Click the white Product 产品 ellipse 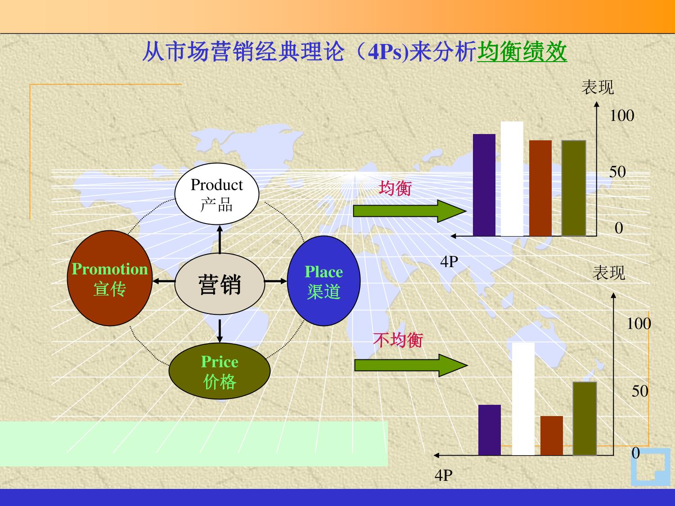pos(217,194)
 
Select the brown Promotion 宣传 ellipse pos(110,278)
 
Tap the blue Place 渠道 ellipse pos(324,281)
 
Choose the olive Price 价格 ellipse pos(220,371)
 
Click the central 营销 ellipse pos(220,284)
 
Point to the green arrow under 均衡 pos(409,211)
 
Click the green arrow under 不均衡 pos(411,365)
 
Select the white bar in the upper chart pos(512,179)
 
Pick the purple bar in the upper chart pos(484,185)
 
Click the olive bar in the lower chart pos(585,418)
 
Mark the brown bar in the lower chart pos(552,436)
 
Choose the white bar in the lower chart pos(523,399)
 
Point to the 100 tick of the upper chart pos(622,116)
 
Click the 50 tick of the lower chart pos(639,391)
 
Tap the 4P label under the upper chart pos(449,262)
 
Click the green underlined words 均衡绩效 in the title pos(522,52)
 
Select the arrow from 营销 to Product pos(220,239)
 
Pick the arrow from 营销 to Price pos(220,331)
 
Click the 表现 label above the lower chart pos(609,273)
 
